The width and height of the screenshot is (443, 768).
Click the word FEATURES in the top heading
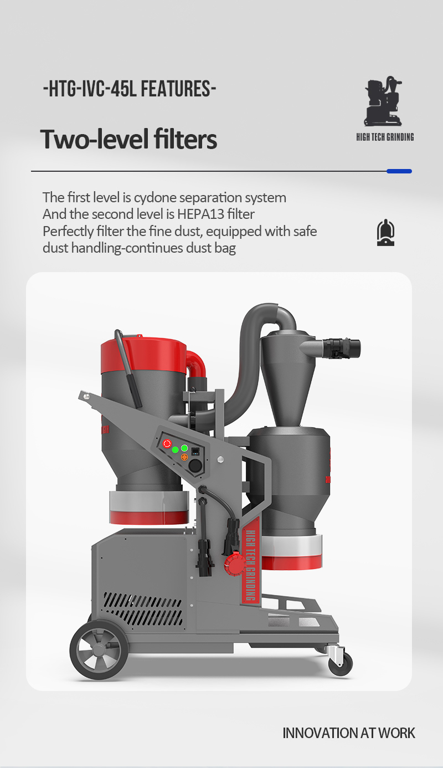[x=176, y=89]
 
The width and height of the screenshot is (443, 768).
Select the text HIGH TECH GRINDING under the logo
[x=385, y=137]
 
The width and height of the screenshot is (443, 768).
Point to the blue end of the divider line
[x=399, y=171]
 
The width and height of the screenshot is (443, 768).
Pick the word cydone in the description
[x=155, y=198]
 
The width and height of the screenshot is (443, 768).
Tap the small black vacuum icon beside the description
[x=386, y=233]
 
